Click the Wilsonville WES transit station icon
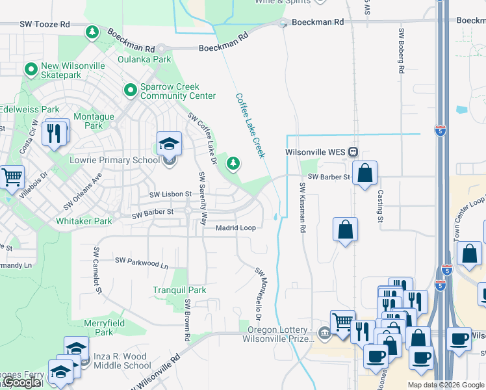tap(353, 152)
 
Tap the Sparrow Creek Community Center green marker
tap(130, 90)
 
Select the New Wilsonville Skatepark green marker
tap(30, 68)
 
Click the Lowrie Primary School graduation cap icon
tap(169, 143)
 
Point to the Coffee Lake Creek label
tap(250, 125)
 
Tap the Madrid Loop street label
tap(236, 227)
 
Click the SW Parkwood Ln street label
tap(142, 263)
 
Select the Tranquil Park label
tap(179, 290)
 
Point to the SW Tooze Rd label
tap(44, 24)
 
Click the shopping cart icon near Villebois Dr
tap(11, 177)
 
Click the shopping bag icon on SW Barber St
tap(365, 173)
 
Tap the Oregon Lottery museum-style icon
tap(324, 333)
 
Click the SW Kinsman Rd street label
tap(303, 207)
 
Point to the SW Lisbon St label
tap(171, 194)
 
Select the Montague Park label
tap(94, 121)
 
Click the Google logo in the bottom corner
tap(21, 382)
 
